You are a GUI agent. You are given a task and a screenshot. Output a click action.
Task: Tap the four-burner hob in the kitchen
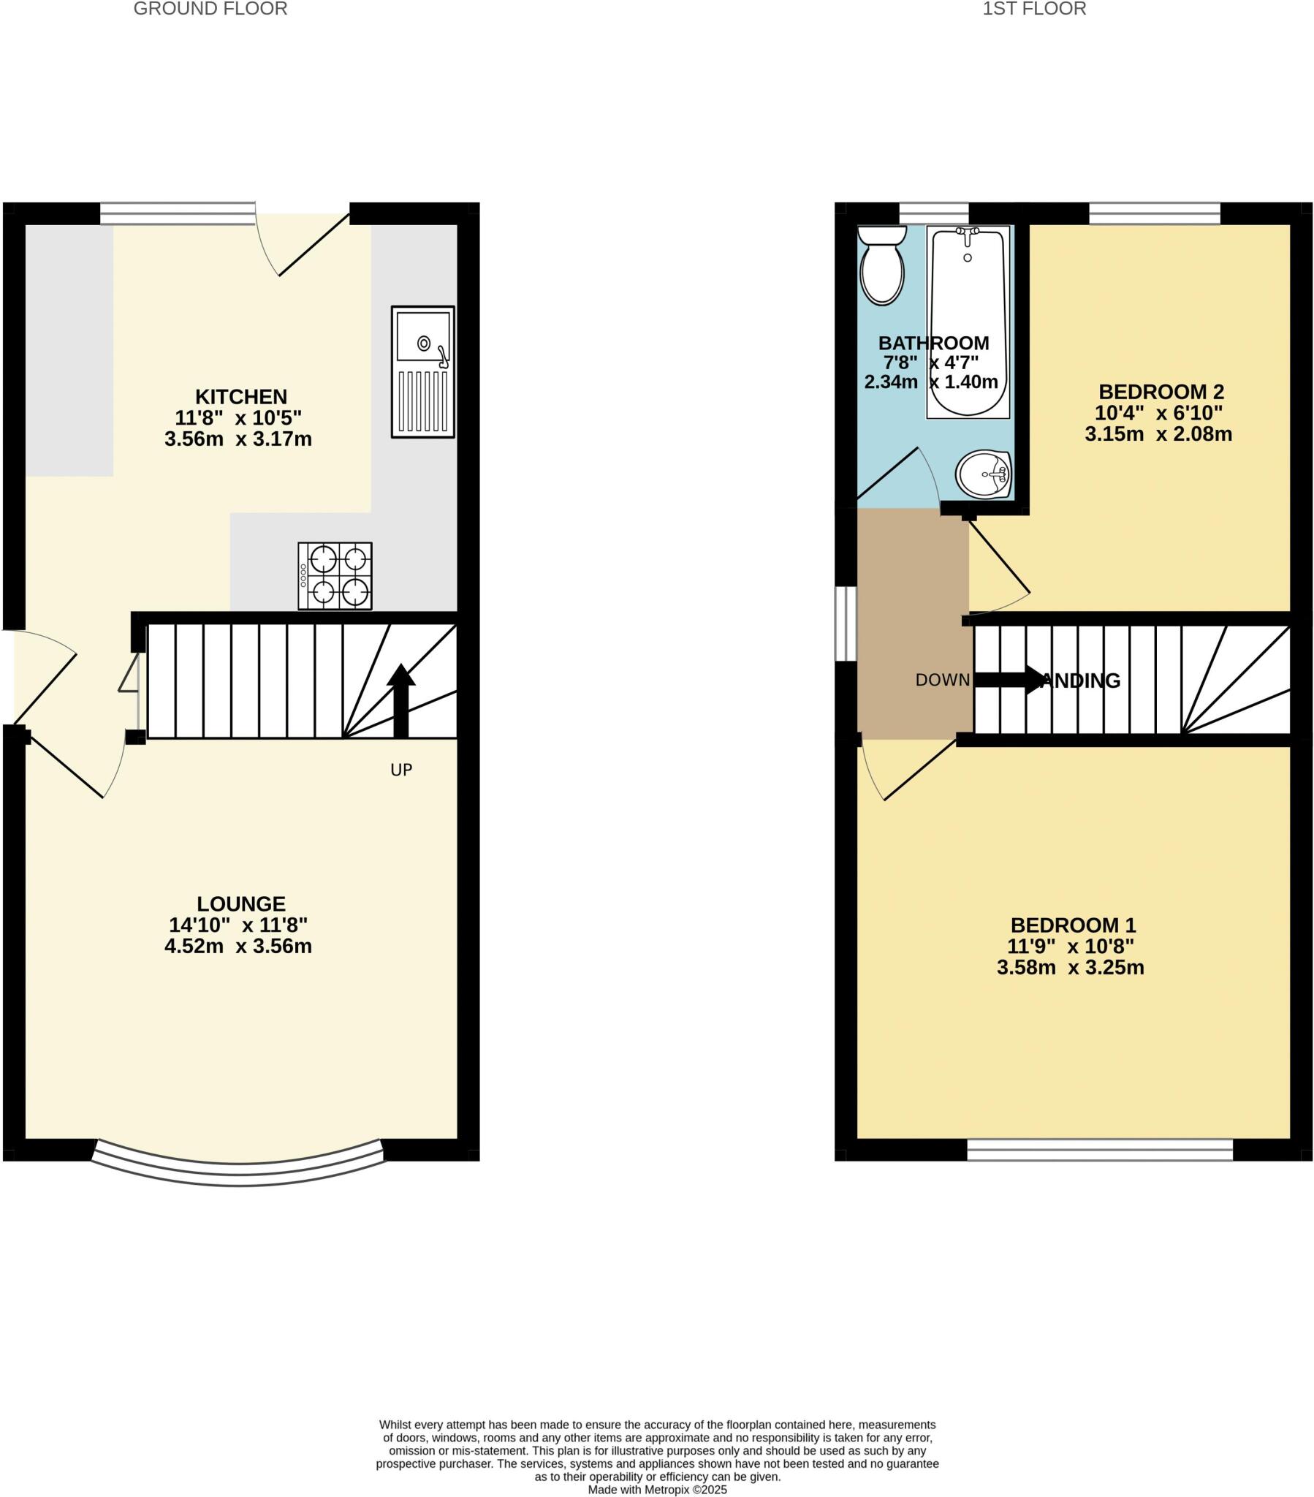[x=335, y=576]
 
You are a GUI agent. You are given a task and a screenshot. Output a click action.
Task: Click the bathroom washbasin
[x=984, y=474]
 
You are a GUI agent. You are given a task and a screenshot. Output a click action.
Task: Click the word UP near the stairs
[x=401, y=770]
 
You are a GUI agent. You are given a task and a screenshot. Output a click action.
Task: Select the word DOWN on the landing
[x=942, y=681]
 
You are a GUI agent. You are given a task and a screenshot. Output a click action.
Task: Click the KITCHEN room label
[x=241, y=397]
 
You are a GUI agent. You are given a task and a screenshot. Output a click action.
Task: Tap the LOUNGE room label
[x=241, y=903]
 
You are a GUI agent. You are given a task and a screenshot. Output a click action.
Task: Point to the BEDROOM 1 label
[x=1073, y=925]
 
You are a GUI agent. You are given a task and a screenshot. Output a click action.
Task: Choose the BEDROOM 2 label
[x=1161, y=392]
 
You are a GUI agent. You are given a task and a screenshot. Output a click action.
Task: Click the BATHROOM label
[x=933, y=343]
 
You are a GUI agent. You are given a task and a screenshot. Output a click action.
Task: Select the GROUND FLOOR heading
[x=210, y=9]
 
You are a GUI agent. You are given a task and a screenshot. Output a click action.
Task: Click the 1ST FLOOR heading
[x=1033, y=9]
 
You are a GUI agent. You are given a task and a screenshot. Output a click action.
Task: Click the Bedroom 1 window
[x=1099, y=1150]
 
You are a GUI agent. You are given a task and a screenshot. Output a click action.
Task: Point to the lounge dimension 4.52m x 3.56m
[x=238, y=947]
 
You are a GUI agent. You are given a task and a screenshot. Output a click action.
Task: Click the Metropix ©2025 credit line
[x=657, y=1490]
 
